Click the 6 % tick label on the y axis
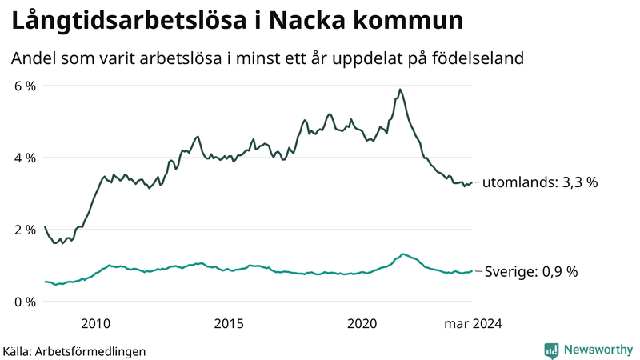click(x=25, y=86)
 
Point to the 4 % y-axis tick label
click(x=25, y=158)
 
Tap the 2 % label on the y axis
click(x=25, y=230)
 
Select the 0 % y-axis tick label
click(x=25, y=302)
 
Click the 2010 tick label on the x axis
click(x=95, y=323)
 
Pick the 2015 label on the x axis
click(x=229, y=323)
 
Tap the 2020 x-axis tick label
click(x=362, y=323)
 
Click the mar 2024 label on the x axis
click(x=473, y=323)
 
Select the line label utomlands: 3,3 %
click(x=540, y=183)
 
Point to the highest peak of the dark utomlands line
click(x=400, y=90)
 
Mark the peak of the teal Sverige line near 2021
click(x=402, y=254)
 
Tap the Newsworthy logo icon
click(x=551, y=350)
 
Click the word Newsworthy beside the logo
click(x=598, y=350)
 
